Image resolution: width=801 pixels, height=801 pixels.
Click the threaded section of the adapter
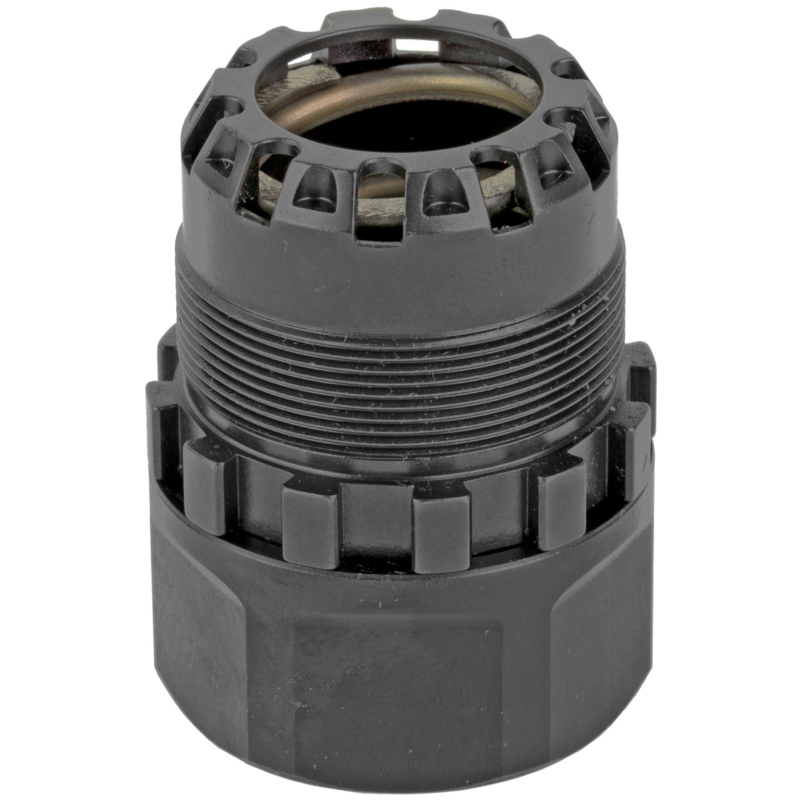[400, 354]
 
